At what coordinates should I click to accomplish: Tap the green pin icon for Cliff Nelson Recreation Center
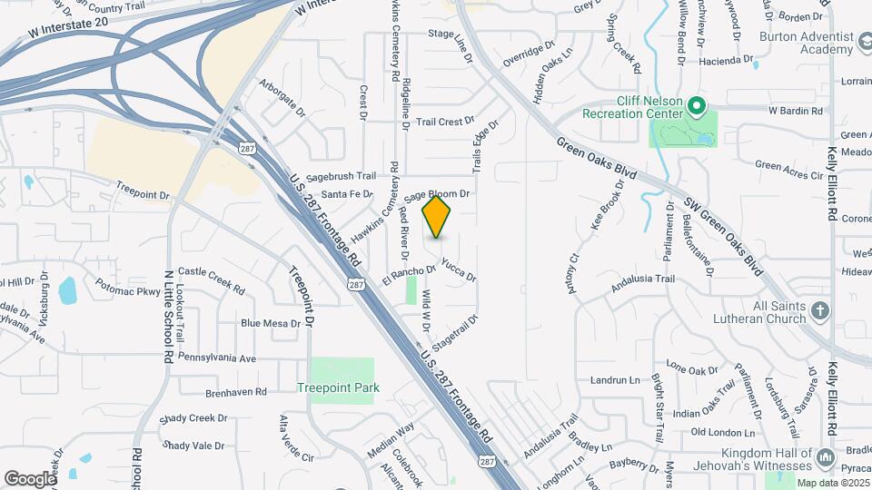pyautogui.click(x=696, y=108)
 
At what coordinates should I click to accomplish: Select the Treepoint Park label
pyautogui.click(x=337, y=387)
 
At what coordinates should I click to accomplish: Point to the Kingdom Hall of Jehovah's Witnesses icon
pyautogui.click(x=827, y=457)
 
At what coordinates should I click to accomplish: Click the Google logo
pyautogui.click(x=29, y=478)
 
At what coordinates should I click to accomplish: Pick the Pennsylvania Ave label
pyautogui.click(x=217, y=358)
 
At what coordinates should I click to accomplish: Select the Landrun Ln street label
pyautogui.click(x=616, y=380)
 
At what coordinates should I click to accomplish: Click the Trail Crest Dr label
pyautogui.click(x=445, y=121)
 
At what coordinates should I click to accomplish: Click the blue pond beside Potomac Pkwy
pyautogui.click(x=67, y=291)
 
